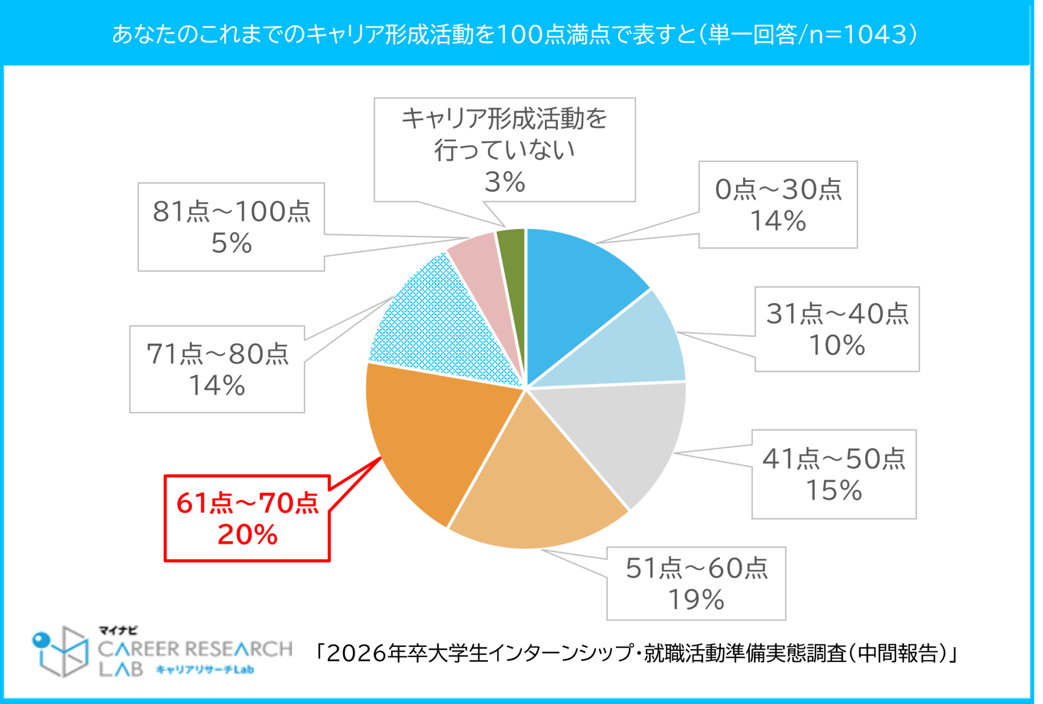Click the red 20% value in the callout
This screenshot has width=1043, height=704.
(x=248, y=535)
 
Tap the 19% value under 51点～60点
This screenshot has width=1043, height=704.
(x=696, y=600)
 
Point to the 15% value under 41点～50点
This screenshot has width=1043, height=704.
(x=834, y=490)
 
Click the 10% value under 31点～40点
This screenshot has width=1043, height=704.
(x=837, y=345)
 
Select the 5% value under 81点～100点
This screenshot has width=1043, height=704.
(x=231, y=243)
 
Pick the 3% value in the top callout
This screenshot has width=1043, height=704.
(x=504, y=182)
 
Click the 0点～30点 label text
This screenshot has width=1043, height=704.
(x=778, y=189)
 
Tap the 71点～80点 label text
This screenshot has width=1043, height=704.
(x=217, y=354)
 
